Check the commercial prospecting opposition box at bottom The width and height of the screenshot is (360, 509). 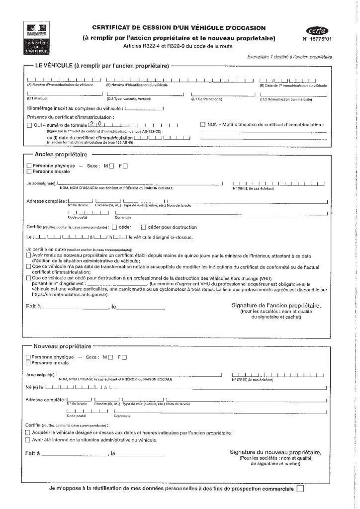point(299,489)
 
